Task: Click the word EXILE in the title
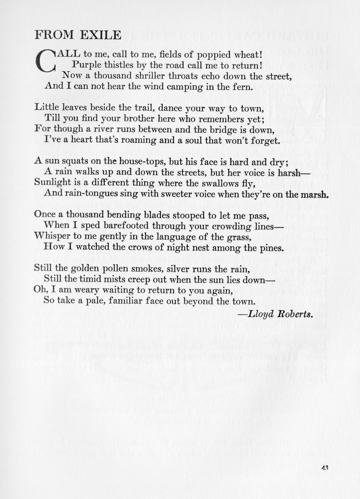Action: point(100,35)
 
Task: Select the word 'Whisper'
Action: point(51,237)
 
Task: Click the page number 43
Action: point(324,468)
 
